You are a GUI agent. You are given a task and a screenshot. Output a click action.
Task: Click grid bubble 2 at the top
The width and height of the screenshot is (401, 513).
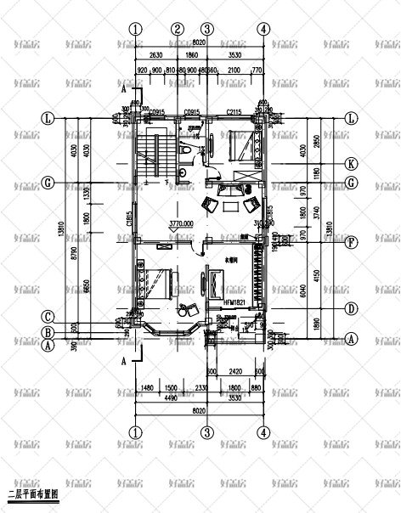pos(178,29)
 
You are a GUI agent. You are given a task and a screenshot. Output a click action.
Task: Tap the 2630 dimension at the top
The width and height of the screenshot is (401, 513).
pos(155,55)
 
